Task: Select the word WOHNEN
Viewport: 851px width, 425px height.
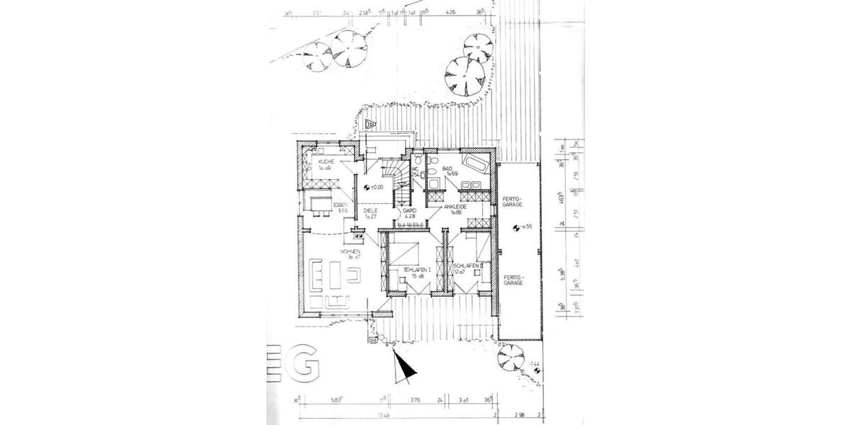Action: pyautogui.click(x=350, y=251)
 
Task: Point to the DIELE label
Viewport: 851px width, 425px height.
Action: pyautogui.click(x=369, y=210)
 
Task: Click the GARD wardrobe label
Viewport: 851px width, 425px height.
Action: pyautogui.click(x=409, y=210)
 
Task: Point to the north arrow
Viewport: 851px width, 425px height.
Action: pyautogui.click(x=404, y=366)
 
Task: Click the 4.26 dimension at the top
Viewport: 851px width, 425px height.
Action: pyautogui.click(x=450, y=11)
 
